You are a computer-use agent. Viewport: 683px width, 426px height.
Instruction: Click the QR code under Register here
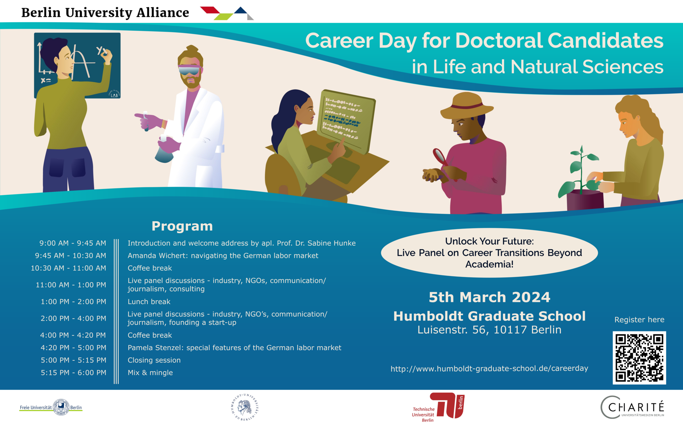(639, 358)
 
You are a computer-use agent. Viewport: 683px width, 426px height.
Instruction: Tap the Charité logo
(632, 407)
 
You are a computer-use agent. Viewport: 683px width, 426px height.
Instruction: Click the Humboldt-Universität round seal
(245, 407)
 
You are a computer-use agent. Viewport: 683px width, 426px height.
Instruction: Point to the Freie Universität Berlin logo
(51, 407)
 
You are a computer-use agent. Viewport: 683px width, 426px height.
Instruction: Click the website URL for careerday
(489, 368)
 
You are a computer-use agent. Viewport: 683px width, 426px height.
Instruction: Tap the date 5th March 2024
(489, 297)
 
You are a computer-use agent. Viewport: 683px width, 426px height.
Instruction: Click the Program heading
(182, 226)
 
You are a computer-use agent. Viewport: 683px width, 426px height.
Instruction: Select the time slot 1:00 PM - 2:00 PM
(73, 302)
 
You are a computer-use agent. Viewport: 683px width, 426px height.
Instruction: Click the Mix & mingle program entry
(150, 372)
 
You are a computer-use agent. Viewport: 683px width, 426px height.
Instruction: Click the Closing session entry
(154, 360)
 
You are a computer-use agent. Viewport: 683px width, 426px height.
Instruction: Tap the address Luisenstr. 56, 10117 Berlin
(489, 330)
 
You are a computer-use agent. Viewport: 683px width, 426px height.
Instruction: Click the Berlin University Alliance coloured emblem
(227, 13)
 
